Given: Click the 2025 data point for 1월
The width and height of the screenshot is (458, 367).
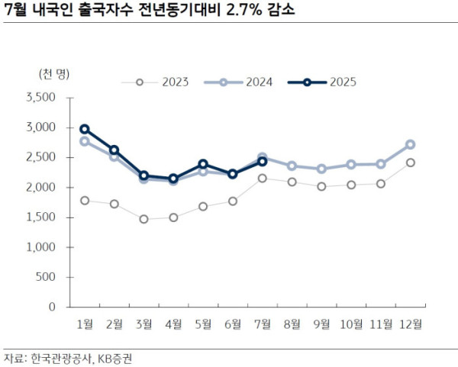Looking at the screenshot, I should tap(85, 129).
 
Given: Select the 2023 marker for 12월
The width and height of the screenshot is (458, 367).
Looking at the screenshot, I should tap(410, 163).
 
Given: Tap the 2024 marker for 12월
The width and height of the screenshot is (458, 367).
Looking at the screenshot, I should tap(410, 144).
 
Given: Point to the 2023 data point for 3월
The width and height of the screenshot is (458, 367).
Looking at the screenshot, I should tap(144, 219).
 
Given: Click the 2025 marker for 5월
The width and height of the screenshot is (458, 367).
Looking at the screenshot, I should tap(203, 164).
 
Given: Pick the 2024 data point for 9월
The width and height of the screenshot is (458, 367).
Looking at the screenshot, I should tap(321, 169).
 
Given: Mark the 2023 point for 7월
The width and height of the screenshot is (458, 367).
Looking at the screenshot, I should tap(262, 178).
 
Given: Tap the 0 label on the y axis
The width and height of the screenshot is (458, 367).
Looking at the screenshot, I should tap(53, 307).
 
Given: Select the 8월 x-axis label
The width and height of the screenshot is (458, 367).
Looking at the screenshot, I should tap(292, 324).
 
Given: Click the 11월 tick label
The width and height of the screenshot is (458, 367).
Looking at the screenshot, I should tap(380, 324).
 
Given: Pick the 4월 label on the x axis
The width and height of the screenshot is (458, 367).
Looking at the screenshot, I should tap(173, 324).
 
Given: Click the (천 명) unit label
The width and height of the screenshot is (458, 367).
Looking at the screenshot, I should tap(53, 73).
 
